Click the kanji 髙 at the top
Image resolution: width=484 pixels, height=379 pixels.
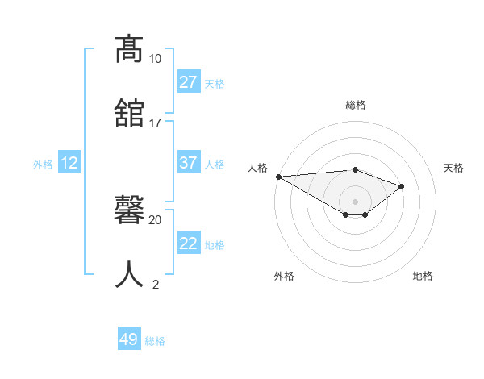[129, 50]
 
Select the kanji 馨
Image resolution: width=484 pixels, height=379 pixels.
[129, 211]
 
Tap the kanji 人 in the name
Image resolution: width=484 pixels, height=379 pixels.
[129, 273]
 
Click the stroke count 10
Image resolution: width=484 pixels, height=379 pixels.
[155, 59]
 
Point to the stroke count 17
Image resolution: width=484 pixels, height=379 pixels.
[155, 123]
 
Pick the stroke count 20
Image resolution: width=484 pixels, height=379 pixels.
[155, 219]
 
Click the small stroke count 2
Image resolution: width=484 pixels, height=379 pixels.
[155, 283]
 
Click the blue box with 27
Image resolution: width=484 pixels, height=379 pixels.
[188, 82]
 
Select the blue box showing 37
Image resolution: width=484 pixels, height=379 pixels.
[188, 163]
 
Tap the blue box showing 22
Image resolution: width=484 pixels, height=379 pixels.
[188, 244]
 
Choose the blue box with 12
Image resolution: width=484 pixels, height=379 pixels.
[69, 163]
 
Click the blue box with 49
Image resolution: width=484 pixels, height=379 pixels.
[129, 339]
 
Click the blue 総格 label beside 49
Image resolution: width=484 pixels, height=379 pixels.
[155, 341]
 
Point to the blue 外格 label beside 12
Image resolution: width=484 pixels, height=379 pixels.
[43, 165]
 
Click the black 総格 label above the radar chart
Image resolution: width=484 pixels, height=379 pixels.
[355, 105]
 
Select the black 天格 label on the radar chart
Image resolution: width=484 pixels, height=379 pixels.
[454, 168]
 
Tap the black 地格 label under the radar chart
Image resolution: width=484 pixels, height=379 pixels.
[423, 276]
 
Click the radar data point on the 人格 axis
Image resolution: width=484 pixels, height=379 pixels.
[278, 176]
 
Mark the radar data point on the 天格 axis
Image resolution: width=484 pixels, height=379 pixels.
[401, 186]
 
